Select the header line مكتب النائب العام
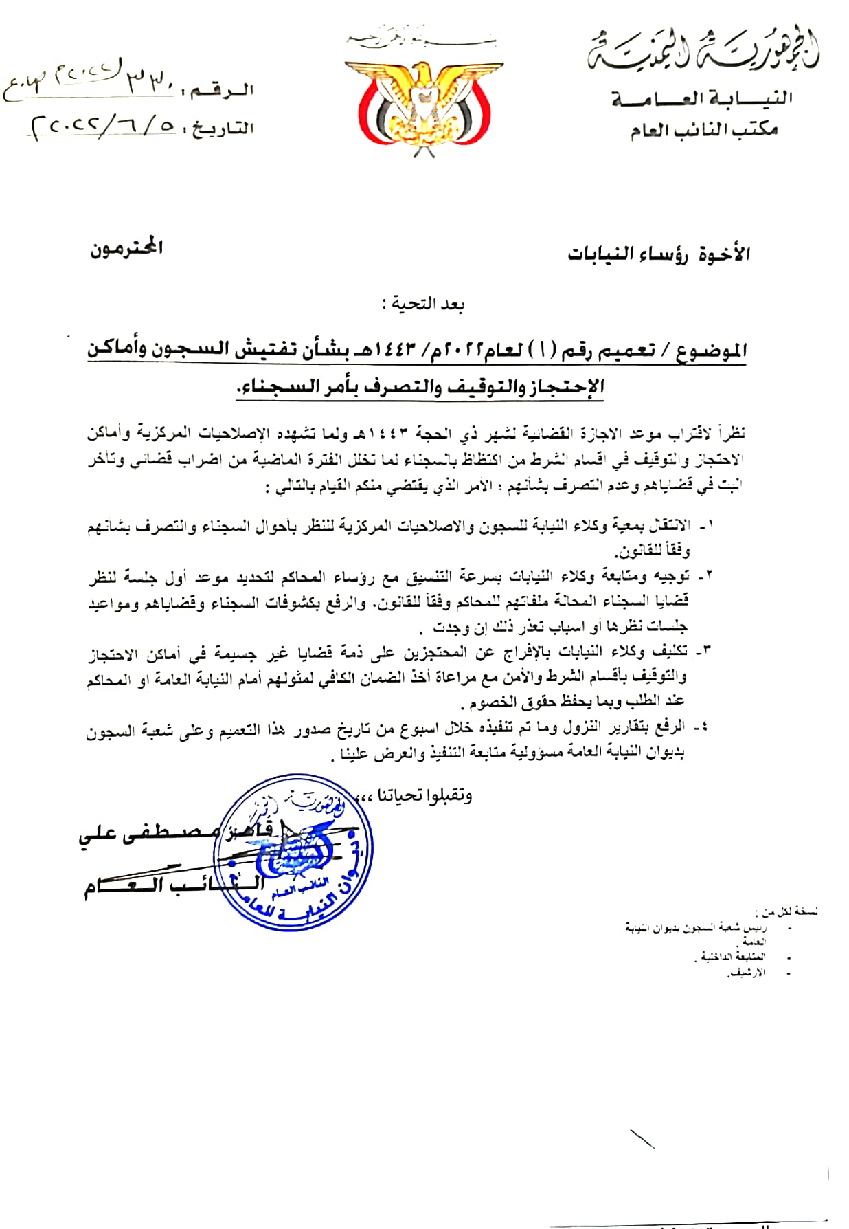[704, 129]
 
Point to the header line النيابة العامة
[702, 99]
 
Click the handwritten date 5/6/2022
[103, 126]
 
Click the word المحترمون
[126, 248]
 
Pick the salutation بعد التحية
[423, 304]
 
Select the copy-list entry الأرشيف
[747, 973]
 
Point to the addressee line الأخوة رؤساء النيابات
[658, 254]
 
